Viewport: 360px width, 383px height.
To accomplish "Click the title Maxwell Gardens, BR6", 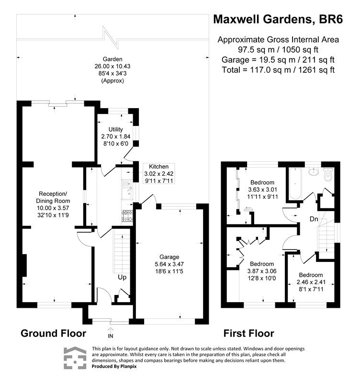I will point(277,20).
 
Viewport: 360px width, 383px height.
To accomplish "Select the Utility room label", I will point(116,129).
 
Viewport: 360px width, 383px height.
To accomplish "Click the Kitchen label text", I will point(158,166).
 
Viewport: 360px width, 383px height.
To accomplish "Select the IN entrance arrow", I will point(112,329).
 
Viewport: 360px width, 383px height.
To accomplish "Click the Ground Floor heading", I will point(53,333).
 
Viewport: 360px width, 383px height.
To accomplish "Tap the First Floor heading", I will point(249,333).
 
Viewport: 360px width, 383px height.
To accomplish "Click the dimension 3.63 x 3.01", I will point(262,189).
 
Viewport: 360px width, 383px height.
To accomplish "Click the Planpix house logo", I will point(76,358).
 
